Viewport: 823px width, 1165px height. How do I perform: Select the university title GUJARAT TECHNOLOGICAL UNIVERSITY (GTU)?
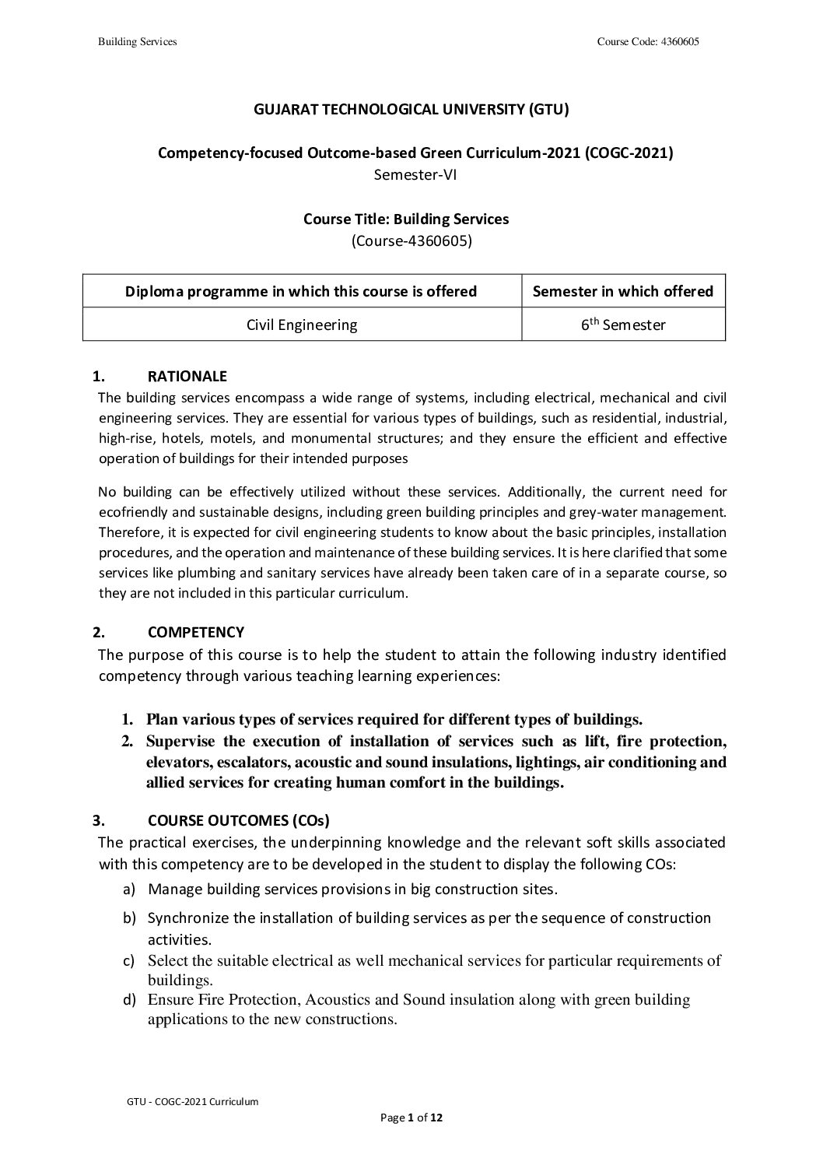[411, 110]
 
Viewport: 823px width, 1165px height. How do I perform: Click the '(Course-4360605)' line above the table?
[411, 240]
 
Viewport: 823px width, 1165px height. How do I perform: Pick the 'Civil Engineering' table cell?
[302, 325]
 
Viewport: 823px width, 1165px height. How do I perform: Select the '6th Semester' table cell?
[623, 325]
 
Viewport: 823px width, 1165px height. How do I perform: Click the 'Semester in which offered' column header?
[622, 291]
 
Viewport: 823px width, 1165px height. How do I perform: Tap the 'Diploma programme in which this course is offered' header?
[301, 291]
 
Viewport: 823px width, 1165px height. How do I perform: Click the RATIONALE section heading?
[187, 377]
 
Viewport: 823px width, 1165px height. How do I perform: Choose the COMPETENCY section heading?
[195, 632]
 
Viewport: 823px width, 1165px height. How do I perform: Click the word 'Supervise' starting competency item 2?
[180, 741]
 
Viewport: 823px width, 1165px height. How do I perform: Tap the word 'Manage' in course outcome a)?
[171, 888]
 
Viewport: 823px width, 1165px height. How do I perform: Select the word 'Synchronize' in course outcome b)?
[188, 918]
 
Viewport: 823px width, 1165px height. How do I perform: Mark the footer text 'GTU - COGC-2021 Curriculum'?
[192, 1101]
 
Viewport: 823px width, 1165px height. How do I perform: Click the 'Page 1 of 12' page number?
[411, 1118]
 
